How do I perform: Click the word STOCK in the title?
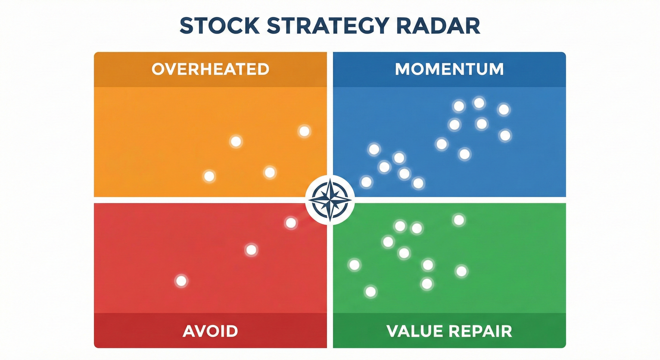[x=220, y=25]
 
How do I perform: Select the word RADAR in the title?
[x=438, y=25]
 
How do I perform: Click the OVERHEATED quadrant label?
[x=211, y=69]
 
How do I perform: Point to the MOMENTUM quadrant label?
[x=449, y=69]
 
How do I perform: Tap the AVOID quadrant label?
[x=211, y=331]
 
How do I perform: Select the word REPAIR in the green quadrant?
[x=481, y=331]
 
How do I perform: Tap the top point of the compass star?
[x=330, y=179]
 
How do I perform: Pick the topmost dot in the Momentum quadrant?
[x=479, y=103]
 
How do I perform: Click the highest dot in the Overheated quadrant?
[x=304, y=131]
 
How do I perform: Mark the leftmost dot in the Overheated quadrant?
[x=209, y=176]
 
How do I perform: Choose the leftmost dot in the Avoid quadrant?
[x=181, y=281]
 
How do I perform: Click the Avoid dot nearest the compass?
[x=291, y=223]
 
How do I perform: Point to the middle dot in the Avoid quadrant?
[x=251, y=250]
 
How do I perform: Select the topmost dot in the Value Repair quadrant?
[x=459, y=220]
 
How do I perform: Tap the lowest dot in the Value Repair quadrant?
[x=371, y=292]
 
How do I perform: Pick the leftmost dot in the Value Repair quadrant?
[x=355, y=265]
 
